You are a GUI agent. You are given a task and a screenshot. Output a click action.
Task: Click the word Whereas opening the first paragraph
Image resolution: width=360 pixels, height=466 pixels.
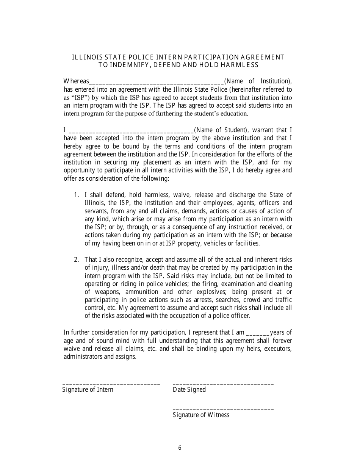[x=76, y=81]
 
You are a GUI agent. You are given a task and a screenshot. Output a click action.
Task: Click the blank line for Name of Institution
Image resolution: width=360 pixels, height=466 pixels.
[x=157, y=82]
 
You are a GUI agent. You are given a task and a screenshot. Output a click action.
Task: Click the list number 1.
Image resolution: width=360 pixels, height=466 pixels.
[x=76, y=195]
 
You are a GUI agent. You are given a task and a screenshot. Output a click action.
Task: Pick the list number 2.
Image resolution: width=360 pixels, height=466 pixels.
[x=76, y=260]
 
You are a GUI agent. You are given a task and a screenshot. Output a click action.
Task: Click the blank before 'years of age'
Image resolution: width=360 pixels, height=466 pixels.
[x=258, y=334]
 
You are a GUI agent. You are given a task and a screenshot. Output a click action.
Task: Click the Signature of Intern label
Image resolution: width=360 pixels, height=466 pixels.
[x=88, y=389]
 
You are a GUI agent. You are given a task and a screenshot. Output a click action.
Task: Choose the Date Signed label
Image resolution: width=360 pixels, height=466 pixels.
[x=189, y=389]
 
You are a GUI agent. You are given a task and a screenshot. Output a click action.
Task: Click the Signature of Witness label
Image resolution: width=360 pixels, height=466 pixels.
[x=201, y=415]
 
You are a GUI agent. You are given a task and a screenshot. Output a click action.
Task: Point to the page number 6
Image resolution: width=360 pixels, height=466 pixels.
[x=180, y=448]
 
